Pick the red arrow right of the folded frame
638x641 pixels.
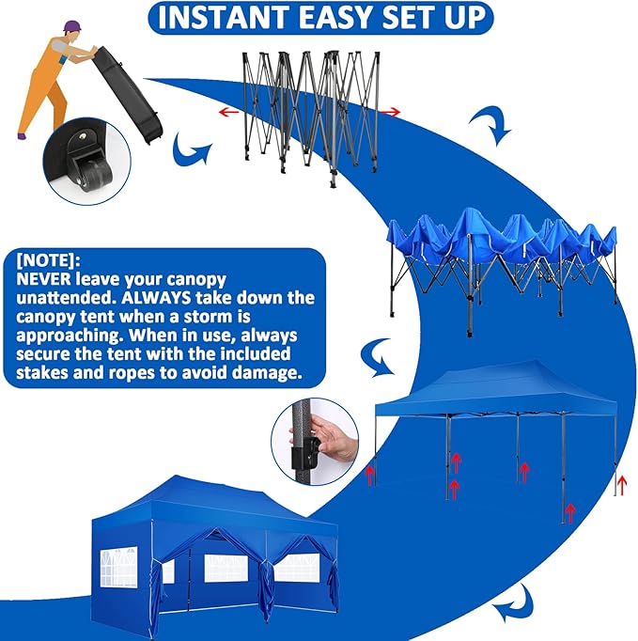390,112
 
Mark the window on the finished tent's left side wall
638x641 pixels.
118,564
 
